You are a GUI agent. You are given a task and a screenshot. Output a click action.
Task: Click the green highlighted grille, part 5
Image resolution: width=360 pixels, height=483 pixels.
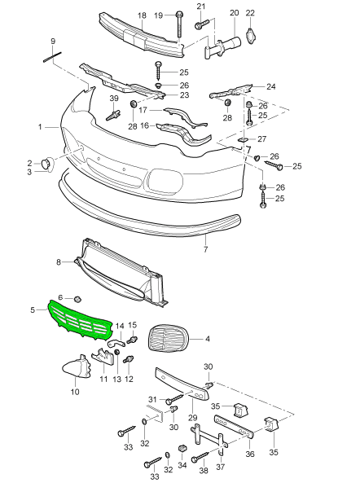(x=80, y=320)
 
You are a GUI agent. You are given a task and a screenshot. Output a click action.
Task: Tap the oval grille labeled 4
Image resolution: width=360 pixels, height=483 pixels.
(x=168, y=339)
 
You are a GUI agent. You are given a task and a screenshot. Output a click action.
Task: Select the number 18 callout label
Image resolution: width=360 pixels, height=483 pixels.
(x=142, y=15)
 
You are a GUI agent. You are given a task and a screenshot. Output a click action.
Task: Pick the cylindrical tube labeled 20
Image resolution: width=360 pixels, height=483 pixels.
(x=222, y=48)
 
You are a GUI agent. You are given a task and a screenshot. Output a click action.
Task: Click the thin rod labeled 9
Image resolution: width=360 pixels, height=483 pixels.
(x=52, y=57)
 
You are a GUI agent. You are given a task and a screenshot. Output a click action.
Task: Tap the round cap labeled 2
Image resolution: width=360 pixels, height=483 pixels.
(x=46, y=163)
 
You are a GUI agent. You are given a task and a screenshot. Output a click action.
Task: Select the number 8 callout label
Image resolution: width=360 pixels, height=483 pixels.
(x=59, y=262)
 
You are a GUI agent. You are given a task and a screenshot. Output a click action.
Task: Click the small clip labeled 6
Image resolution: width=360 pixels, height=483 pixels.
(x=77, y=298)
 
